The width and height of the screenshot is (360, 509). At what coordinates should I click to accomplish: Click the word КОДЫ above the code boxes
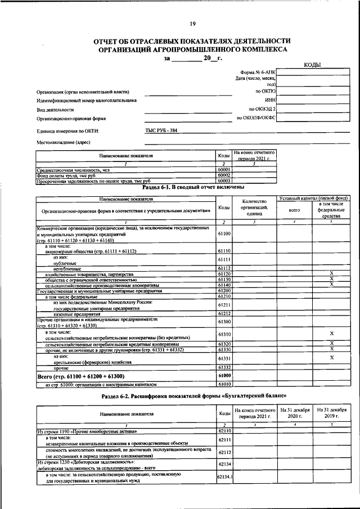pos(312,65)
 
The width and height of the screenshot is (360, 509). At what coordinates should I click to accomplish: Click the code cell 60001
pos(224,169)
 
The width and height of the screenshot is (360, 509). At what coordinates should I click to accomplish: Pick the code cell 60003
pos(224,181)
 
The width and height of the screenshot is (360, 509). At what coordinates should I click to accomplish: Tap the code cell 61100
pos(224,233)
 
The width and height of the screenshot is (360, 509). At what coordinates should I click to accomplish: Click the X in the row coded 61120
pos(332,273)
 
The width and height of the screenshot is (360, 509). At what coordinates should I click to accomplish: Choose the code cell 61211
pos(224,305)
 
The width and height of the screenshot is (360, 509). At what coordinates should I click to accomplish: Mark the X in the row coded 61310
pos(332,334)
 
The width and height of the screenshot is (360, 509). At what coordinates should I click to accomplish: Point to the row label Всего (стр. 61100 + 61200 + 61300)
pos(80,376)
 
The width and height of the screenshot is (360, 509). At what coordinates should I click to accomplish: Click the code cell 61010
pos(224,385)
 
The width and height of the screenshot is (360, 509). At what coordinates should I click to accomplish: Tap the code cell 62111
pos(224,440)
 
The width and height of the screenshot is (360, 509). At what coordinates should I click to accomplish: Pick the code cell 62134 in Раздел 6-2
pos(224,463)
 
